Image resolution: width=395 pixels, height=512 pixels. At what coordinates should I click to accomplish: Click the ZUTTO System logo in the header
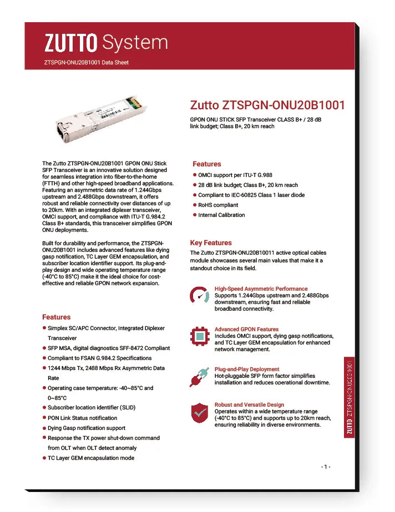point(105,42)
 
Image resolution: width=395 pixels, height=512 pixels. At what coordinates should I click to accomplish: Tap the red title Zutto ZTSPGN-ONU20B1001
point(267,105)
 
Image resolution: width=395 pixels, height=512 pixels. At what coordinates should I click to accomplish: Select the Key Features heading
point(211,243)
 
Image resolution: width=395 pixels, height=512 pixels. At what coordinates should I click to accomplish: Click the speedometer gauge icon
point(199,296)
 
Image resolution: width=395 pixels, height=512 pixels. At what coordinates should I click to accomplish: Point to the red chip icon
point(199,336)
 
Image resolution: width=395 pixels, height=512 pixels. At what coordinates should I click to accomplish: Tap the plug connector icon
point(199,376)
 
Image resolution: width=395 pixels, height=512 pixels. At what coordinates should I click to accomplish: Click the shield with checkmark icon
point(199,413)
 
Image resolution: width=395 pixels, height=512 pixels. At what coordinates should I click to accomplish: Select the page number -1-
point(326,467)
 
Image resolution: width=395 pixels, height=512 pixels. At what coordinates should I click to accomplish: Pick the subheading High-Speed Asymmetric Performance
point(261,289)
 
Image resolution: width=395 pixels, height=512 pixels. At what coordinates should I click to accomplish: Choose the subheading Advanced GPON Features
point(246,329)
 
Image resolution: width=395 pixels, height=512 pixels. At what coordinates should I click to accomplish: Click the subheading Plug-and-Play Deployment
point(247,369)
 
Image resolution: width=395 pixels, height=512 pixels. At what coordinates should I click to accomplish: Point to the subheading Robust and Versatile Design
point(249,405)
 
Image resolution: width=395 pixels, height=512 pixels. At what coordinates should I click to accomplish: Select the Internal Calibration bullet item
point(221,215)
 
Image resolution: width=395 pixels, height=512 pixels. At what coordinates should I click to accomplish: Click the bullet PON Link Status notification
point(82,418)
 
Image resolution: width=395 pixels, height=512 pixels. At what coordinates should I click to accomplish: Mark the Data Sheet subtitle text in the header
point(86,63)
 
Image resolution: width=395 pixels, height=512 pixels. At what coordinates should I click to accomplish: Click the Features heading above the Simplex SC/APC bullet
point(57,317)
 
